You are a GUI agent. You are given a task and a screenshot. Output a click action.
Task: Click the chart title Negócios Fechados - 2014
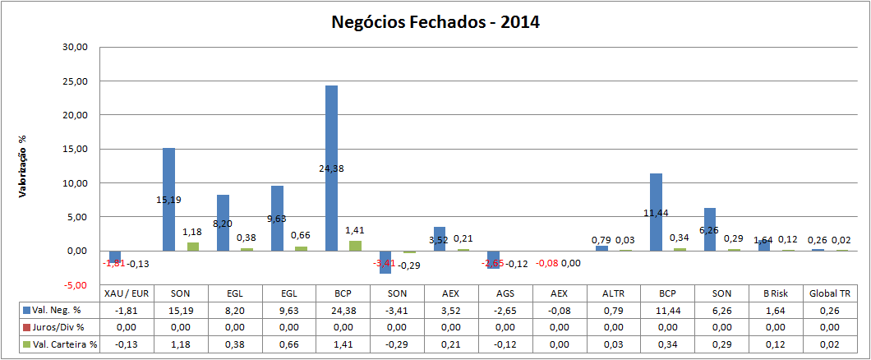[x=435, y=22]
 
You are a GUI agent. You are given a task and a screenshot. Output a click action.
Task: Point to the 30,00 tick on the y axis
[x=74, y=48]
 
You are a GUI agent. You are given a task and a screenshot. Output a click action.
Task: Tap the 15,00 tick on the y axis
[x=74, y=149]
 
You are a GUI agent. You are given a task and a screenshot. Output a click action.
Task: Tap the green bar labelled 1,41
[x=355, y=246]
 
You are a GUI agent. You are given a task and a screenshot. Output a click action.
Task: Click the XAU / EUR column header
[x=127, y=293]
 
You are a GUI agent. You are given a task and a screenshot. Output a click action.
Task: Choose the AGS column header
[x=505, y=293]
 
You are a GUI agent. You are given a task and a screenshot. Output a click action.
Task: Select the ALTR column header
[x=614, y=293]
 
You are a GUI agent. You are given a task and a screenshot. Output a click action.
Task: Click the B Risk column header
[x=776, y=293]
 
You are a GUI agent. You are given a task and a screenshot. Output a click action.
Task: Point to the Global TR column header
[x=829, y=293]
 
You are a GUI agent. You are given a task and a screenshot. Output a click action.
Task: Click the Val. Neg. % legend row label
[x=58, y=311]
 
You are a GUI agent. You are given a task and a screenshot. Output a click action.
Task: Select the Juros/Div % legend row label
[x=58, y=327]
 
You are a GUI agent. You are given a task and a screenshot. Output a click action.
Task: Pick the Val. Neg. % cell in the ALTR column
[x=614, y=311]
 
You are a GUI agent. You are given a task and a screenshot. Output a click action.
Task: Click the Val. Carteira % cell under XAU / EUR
[x=127, y=344]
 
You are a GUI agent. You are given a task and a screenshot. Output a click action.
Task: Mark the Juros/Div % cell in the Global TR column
[x=829, y=327]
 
